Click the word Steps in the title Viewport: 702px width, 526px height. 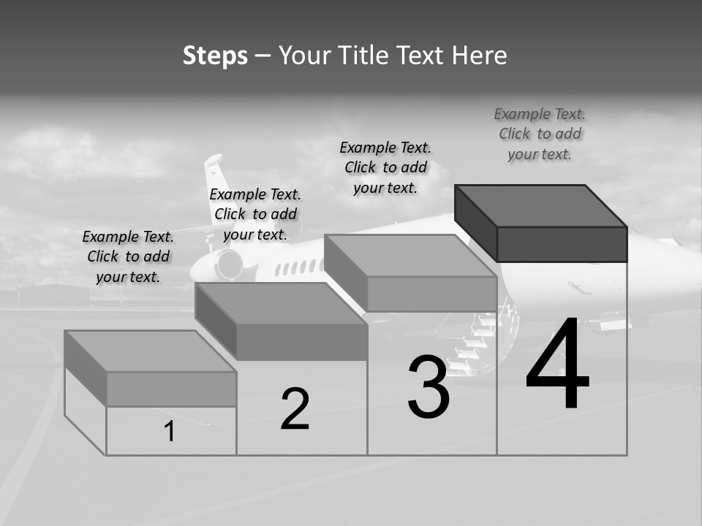pyautogui.click(x=215, y=56)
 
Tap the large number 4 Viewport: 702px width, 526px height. pyautogui.click(x=557, y=365)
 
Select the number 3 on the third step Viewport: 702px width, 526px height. pyautogui.click(x=429, y=387)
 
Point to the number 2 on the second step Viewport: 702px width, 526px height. pyautogui.click(x=295, y=409)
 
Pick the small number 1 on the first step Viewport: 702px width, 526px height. pyautogui.click(x=170, y=432)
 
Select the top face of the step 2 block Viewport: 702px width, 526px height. pyautogui.click(x=282, y=303)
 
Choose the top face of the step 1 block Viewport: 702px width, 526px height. pyautogui.click(x=151, y=351)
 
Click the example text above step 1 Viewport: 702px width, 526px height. pyautogui.click(x=128, y=256)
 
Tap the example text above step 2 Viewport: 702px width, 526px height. pyautogui.click(x=255, y=214)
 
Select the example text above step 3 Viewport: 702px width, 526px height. pyautogui.click(x=385, y=167)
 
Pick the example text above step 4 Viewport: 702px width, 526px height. pyautogui.click(x=540, y=134)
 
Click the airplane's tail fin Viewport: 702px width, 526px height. pyautogui.click(x=215, y=179)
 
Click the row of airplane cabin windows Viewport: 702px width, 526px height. pyautogui.click(x=296, y=267)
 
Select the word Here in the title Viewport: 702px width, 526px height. pyautogui.click(x=480, y=56)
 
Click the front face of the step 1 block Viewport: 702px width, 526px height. pyautogui.click(x=171, y=389)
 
